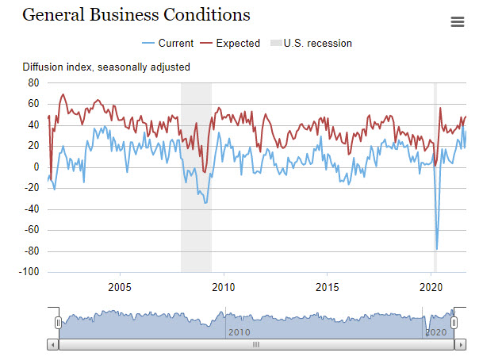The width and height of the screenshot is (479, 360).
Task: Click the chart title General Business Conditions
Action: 136,15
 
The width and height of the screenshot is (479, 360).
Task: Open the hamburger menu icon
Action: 458,21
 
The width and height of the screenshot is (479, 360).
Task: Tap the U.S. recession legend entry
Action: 312,43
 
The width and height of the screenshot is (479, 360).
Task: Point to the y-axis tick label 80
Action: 33,82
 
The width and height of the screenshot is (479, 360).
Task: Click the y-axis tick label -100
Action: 30,272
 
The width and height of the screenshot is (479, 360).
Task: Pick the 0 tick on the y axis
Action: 36,167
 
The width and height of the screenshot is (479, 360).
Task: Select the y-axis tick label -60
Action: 32,230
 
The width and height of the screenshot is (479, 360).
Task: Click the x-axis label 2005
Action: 119,286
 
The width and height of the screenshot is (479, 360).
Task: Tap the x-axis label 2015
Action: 328,286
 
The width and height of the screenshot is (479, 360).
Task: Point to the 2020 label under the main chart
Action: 431,286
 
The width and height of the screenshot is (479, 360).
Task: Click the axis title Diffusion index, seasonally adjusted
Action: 106,67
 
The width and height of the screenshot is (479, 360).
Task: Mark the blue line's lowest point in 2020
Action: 437,249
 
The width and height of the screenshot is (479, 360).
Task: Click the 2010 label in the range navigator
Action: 239,331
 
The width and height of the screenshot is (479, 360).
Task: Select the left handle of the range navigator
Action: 58,323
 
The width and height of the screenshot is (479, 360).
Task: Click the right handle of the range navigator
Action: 454,323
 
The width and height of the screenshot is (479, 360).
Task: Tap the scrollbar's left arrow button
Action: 53,345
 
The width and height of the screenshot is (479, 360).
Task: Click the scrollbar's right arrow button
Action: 459,345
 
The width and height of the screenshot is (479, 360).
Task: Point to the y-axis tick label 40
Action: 33,124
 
